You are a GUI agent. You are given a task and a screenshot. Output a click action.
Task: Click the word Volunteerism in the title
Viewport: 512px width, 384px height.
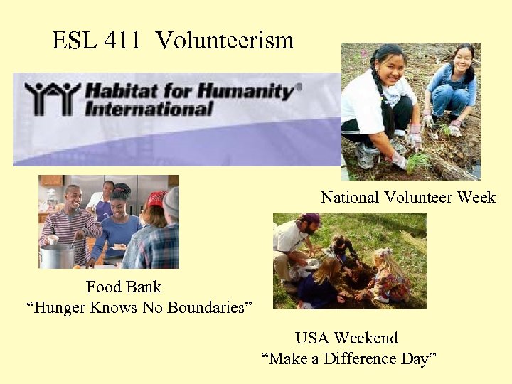tap(225, 41)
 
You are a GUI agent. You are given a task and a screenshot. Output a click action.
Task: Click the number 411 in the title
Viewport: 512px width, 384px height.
tap(122, 41)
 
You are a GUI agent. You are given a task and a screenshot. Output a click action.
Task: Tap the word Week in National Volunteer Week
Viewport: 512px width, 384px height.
tap(475, 198)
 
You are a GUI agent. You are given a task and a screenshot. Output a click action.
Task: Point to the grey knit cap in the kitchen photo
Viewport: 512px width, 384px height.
tap(171, 201)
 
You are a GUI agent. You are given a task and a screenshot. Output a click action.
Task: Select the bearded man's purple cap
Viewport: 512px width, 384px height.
tap(311, 219)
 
